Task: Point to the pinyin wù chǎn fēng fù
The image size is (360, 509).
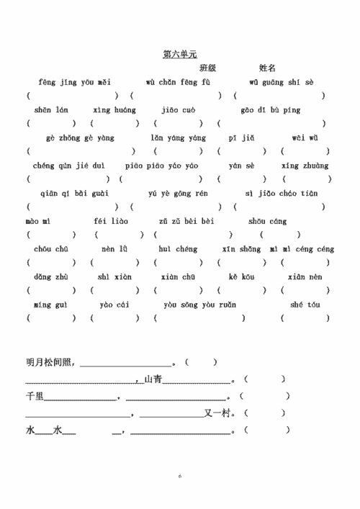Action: (x=178, y=83)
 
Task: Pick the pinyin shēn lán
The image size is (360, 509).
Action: (x=51, y=110)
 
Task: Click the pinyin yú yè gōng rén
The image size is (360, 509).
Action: (x=178, y=194)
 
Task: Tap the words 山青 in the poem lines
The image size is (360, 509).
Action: (x=153, y=379)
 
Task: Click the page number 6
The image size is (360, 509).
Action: (x=180, y=477)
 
